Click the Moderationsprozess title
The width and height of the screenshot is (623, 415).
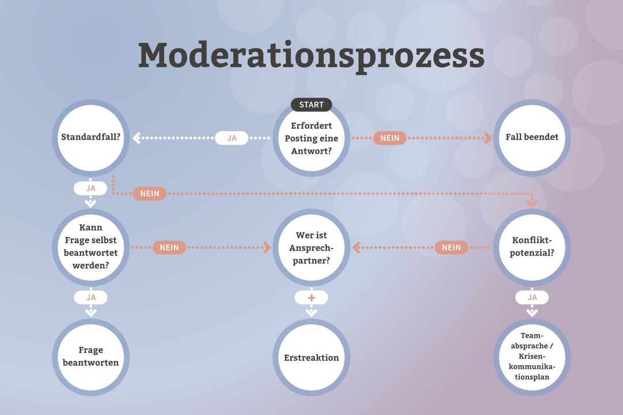coord(311,55)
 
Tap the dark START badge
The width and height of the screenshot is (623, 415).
coord(311,104)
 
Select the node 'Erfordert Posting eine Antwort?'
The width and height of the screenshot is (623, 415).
coord(311,138)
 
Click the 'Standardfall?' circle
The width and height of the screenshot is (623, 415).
coord(91,138)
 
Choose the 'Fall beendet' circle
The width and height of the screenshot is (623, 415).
coord(532,138)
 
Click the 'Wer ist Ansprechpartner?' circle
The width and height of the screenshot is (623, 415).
coord(311,247)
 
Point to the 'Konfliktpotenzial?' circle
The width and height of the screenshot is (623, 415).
coord(532,247)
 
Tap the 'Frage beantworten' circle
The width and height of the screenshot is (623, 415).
coord(91,356)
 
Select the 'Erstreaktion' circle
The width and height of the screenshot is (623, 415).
coord(311,357)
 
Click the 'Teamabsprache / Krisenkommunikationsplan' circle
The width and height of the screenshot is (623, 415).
coord(532,356)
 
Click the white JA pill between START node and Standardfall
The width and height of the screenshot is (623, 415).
coord(232,138)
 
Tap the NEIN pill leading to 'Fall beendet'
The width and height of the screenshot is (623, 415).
coord(390,138)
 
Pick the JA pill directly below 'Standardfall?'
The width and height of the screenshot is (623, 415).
coord(91,188)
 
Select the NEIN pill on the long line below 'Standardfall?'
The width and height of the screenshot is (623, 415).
coord(149,194)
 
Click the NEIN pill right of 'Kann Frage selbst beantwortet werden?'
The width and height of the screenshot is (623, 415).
coord(170,247)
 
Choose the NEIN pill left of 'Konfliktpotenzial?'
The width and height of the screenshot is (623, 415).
coord(451,247)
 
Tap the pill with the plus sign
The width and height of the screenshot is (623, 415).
coord(311,297)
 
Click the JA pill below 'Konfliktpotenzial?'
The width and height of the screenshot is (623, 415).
coord(532,297)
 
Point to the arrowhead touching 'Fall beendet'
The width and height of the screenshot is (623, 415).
coord(488,138)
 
